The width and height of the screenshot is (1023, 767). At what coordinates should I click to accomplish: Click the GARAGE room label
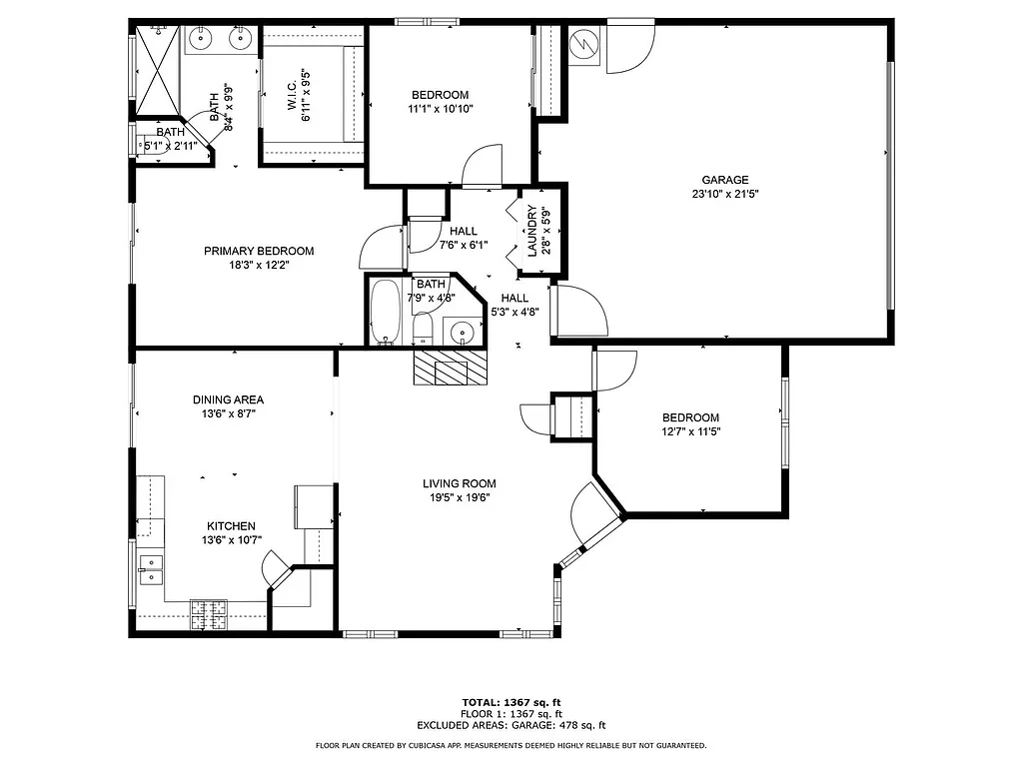pyautogui.click(x=724, y=180)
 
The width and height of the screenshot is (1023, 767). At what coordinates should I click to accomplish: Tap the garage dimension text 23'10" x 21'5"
pyautogui.click(x=724, y=195)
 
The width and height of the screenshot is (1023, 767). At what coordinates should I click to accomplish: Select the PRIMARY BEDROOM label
pyautogui.click(x=259, y=251)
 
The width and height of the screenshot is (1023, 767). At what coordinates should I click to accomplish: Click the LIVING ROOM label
pyautogui.click(x=459, y=483)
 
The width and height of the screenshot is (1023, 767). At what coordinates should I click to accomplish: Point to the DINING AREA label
pyautogui.click(x=228, y=399)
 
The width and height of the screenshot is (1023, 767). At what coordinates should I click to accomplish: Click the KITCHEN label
pyautogui.click(x=231, y=526)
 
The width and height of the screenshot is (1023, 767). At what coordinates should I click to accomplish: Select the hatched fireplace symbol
pyautogui.click(x=448, y=368)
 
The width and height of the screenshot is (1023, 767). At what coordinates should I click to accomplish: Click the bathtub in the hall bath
pyautogui.click(x=386, y=312)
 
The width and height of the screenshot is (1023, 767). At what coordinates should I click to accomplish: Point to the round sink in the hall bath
pyautogui.click(x=462, y=331)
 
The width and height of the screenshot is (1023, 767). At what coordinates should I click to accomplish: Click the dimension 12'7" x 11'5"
pyautogui.click(x=690, y=432)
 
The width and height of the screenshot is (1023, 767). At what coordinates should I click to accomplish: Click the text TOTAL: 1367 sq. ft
pyautogui.click(x=511, y=702)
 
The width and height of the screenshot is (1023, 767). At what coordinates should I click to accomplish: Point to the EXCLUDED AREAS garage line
pyautogui.click(x=511, y=726)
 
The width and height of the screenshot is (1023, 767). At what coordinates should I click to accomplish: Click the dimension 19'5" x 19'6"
pyautogui.click(x=459, y=497)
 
